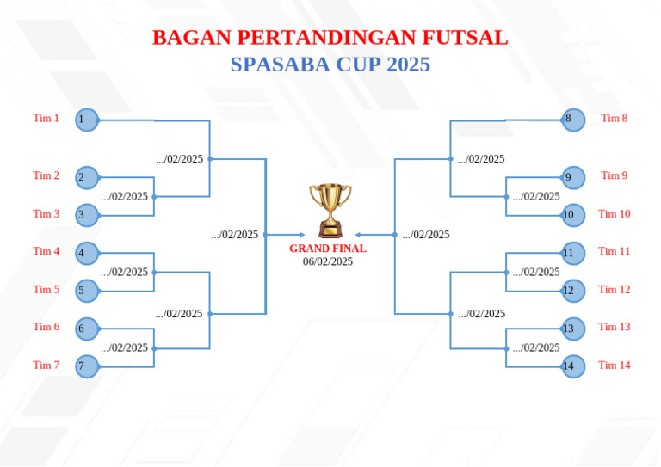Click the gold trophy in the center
click(x=330, y=210)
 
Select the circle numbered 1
click(x=87, y=120)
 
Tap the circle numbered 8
click(x=573, y=120)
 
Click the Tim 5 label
click(x=46, y=290)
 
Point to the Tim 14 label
click(x=615, y=366)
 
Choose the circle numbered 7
click(x=87, y=366)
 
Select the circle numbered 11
click(x=573, y=253)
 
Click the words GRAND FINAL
click(x=328, y=249)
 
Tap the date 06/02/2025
click(x=328, y=261)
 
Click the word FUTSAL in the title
click(x=465, y=38)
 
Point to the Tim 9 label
click(x=615, y=175)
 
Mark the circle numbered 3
click(x=87, y=215)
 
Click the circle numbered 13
click(x=573, y=329)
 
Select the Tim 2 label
click(x=46, y=175)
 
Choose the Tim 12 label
click(x=615, y=290)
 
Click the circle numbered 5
click(x=87, y=291)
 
